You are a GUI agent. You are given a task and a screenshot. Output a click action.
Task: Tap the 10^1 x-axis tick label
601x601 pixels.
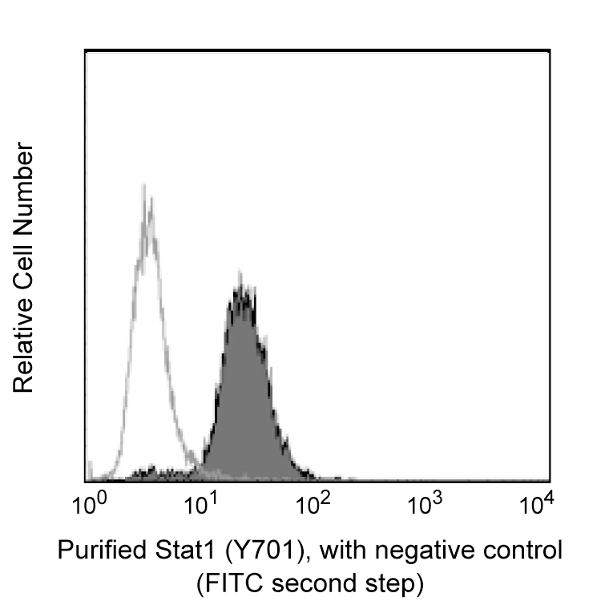point(203,505)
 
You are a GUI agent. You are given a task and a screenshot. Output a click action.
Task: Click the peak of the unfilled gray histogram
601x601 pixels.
point(144,186)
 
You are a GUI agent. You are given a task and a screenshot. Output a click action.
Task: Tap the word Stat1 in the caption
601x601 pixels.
point(176,552)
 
